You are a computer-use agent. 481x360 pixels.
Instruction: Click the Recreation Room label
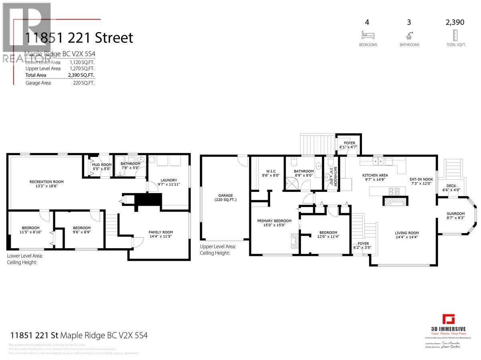tap(46, 182)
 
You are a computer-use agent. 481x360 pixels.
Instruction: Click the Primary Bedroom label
tap(274, 221)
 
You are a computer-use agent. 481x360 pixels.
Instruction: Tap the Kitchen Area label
tap(375, 175)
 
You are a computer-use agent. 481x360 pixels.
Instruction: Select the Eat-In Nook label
tap(421, 179)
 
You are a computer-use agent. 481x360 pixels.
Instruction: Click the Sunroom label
tap(456, 213)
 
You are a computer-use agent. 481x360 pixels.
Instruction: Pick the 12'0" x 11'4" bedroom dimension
tap(328, 236)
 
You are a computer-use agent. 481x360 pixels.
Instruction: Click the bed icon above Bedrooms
tap(368, 34)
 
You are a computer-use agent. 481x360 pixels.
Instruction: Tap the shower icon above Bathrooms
tap(409, 34)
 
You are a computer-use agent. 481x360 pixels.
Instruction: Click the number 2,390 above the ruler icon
tap(455, 22)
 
